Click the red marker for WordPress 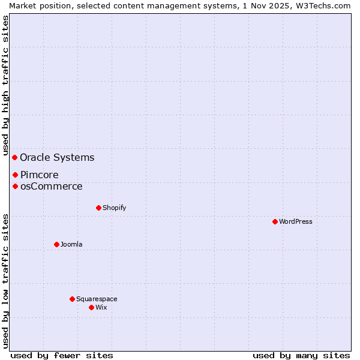[275, 221]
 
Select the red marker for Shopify [98, 208]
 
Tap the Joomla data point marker [56, 244]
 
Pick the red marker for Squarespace [72, 299]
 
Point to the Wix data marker [91, 307]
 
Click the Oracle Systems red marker [15, 157]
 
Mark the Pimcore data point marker [15, 175]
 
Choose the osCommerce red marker [15, 186]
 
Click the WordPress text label [296, 221]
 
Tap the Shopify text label [115, 208]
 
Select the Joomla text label [71, 244]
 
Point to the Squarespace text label [97, 299]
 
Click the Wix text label [101, 307]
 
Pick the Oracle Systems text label [57, 158]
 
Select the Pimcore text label [39, 175]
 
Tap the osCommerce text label [51, 187]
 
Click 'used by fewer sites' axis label [62, 355]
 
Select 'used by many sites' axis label [301, 355]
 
